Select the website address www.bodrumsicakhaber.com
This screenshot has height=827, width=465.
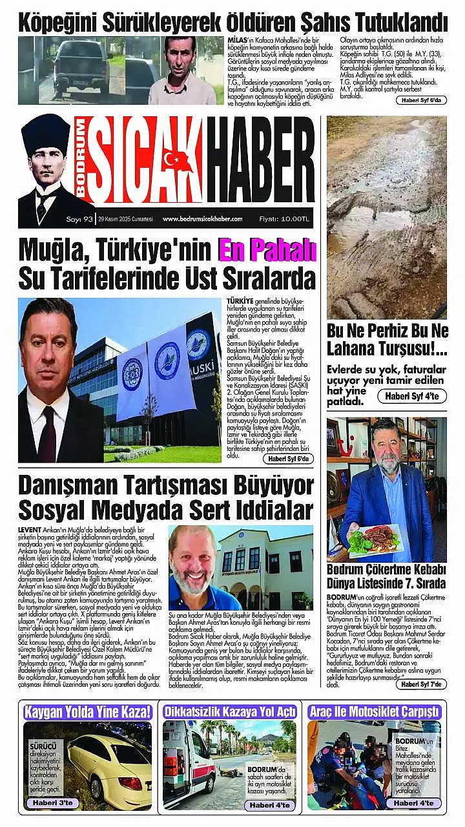pos(202,219)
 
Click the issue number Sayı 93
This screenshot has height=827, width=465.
pos(81,219)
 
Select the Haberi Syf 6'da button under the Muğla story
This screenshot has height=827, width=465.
pos(288,458)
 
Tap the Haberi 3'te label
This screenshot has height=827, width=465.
pos(53,802)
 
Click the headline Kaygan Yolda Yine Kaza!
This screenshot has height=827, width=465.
pos(87,713)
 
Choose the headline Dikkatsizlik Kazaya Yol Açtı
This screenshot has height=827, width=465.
pos(230,712)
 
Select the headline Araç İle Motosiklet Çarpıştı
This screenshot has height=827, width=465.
pos(375,712)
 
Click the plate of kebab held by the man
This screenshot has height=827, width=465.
pos(377,539)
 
